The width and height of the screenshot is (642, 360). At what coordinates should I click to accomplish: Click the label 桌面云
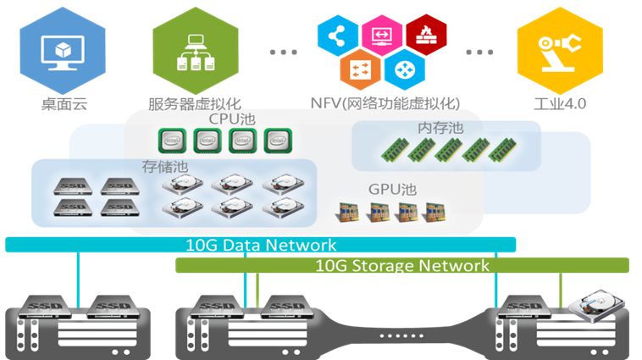tap(64, 104)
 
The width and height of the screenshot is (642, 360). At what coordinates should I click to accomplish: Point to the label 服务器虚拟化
tap(194, 104)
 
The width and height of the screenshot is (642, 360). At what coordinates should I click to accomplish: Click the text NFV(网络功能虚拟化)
tap(385, 104)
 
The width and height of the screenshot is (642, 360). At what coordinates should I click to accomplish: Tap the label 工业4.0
tap(560, 104)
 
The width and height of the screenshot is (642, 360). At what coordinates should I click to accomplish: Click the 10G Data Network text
tap(261, 246)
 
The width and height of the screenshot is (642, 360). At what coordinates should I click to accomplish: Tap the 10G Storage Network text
tap(402, 266)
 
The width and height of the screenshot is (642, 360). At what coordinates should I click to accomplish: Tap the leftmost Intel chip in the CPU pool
tap(174, 141)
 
